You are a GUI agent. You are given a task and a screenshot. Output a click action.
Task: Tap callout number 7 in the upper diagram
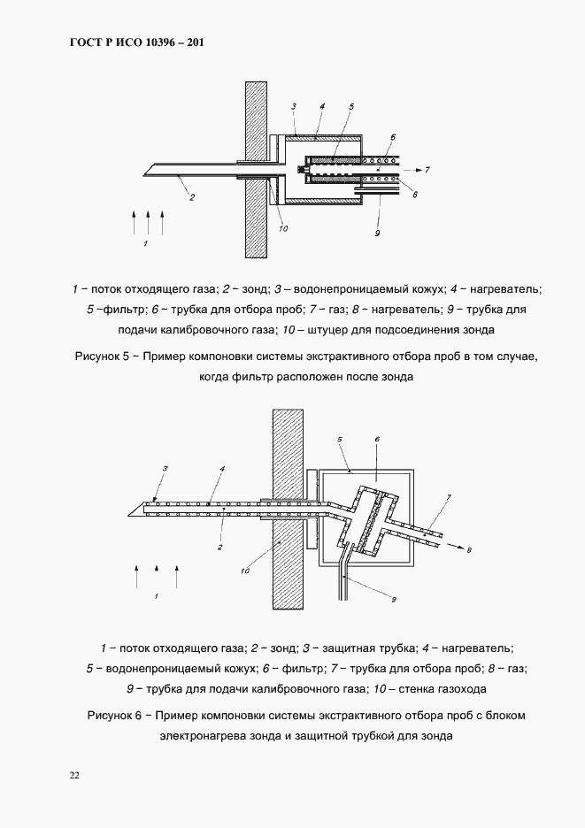427,169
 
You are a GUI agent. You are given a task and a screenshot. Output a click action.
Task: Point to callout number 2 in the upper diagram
192,198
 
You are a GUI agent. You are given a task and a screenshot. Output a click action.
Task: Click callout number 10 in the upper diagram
282,229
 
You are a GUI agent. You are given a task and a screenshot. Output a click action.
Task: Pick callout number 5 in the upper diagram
350,107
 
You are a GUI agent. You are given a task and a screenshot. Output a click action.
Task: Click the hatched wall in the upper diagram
256,168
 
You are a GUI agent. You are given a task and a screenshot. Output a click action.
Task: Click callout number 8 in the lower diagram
469,550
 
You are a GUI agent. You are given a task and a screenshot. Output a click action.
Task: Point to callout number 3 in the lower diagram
164,467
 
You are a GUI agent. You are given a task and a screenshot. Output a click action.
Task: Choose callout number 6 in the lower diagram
377,439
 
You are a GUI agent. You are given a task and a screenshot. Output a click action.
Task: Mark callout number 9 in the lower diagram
395,600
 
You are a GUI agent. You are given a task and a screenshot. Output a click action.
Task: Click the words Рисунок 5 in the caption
104,357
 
